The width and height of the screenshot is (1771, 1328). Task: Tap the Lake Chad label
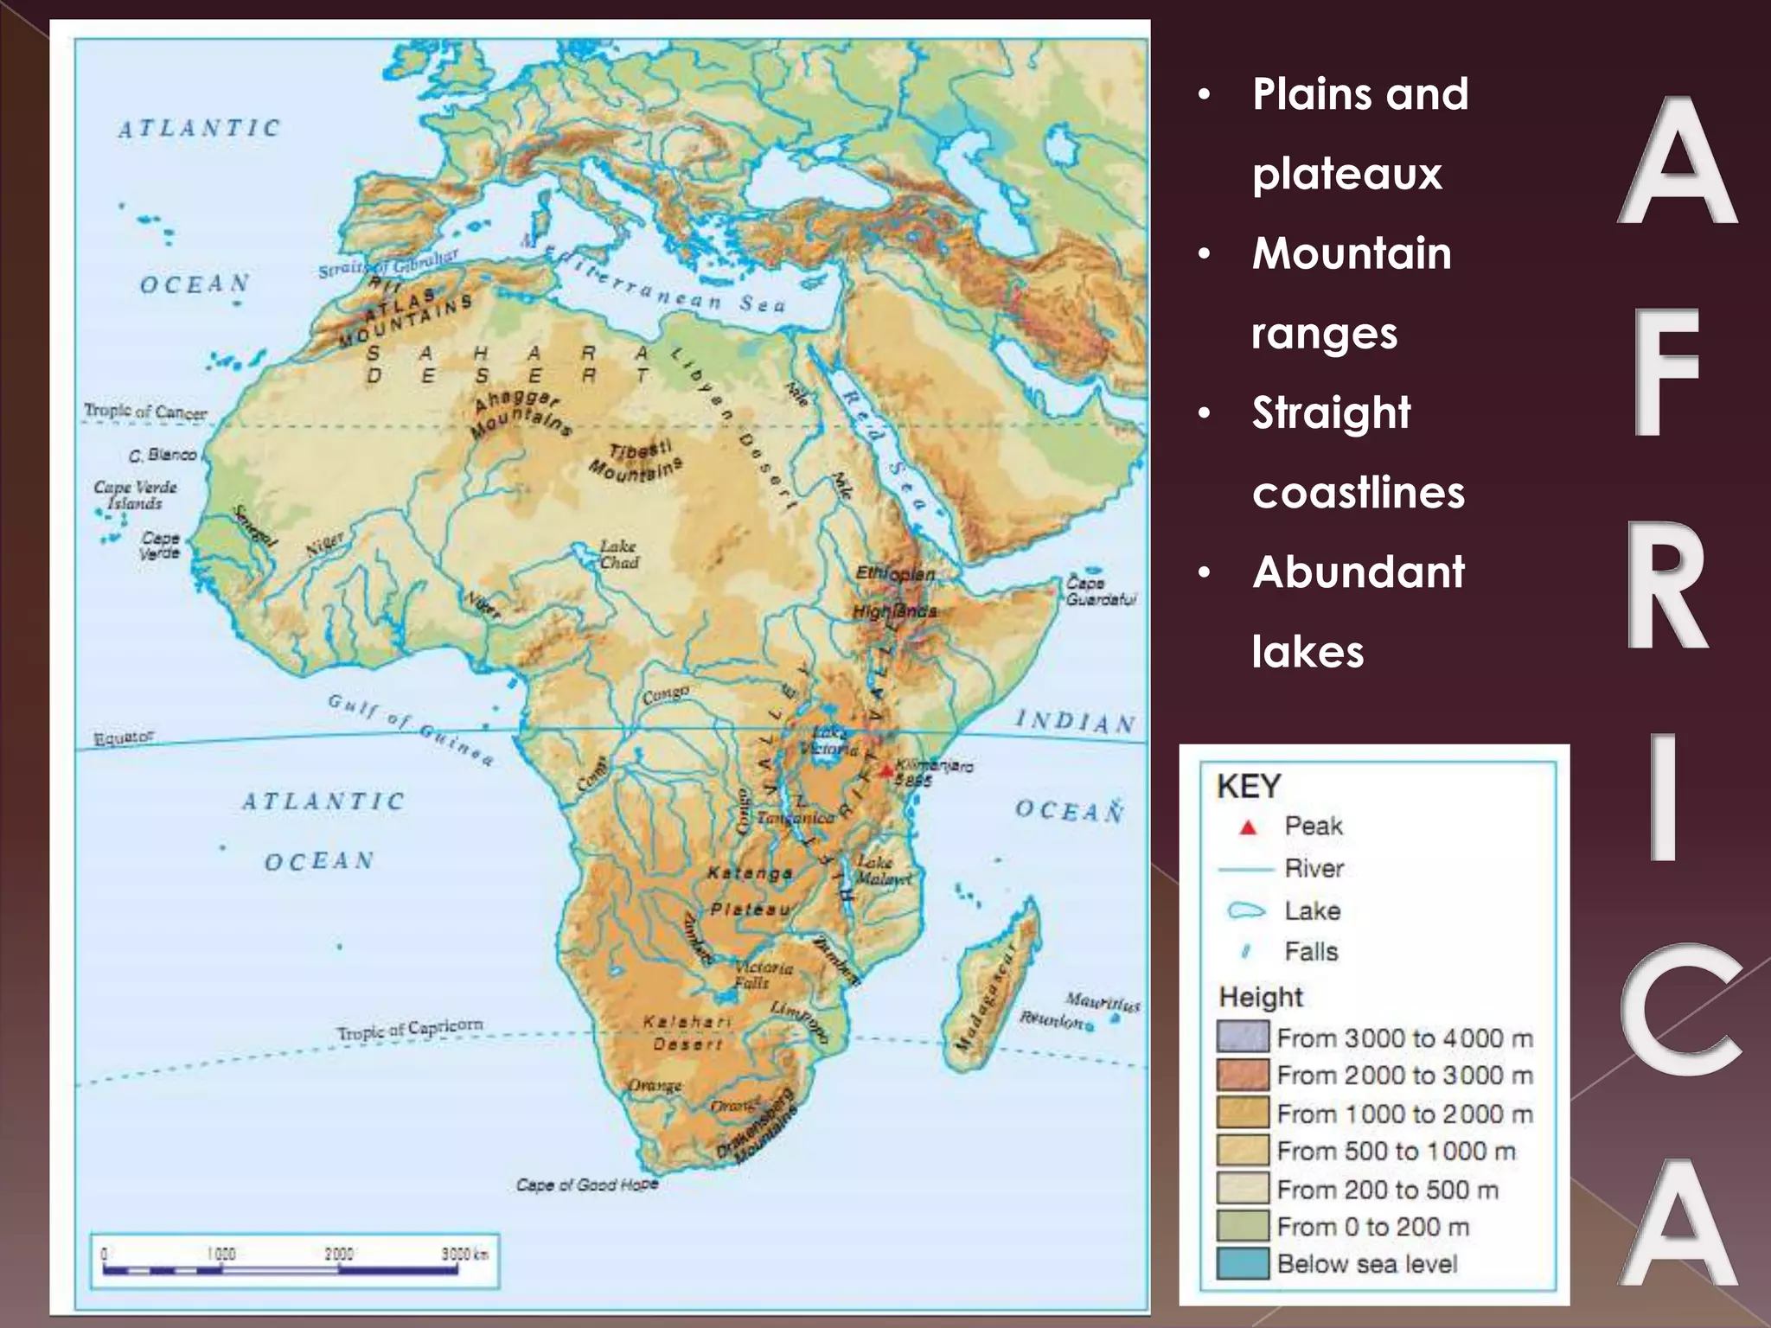(x=619, y=554)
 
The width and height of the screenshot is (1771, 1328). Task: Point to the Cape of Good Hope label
(x=587, y=1184)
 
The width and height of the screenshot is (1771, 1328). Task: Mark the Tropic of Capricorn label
(x=410, y=1030)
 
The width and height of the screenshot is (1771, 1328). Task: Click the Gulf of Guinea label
(x=412, y=729)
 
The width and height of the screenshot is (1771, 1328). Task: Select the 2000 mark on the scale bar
(x=338, y=1255)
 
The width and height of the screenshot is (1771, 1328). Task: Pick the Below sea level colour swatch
(x=1243, y=1263)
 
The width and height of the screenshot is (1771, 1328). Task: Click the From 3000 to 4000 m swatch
(x=1243, y=1037)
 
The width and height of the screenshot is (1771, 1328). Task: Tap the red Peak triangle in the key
(x=1247, y=827)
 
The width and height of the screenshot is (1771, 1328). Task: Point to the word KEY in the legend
(x=1248, y=787)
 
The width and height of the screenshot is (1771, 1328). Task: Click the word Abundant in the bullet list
(x=1358, y=572)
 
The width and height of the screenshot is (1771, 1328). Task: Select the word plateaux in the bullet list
(x=1346, y=174)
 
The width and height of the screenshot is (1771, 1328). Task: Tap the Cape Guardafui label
(x=1099, y=591)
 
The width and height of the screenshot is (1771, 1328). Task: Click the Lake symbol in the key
(x=1246, y=910)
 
